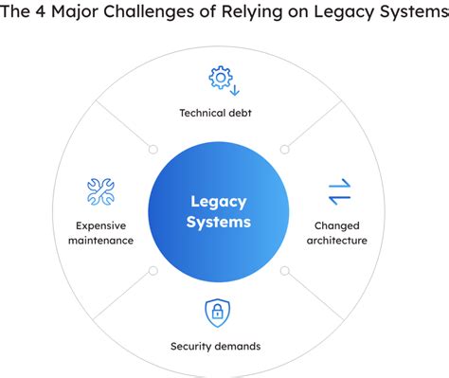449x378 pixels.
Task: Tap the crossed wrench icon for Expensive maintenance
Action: click(99, 191)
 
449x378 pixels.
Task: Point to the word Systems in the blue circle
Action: click(220, 223)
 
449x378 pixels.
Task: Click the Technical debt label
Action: click(215, 113)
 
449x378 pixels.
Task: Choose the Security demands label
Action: click(215, 346)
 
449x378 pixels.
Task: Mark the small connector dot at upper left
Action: click(153, 149)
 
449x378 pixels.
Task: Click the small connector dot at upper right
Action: click(284, 149)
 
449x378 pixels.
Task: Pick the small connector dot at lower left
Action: click(153, 271)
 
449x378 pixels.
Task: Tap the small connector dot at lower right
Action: click(284, 271)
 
